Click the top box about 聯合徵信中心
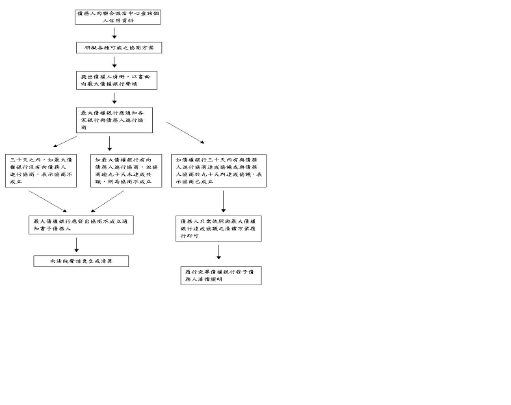118,16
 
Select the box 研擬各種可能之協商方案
118,48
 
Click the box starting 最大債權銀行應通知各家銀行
114,120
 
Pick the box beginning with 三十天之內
41,171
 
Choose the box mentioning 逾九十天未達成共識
126,171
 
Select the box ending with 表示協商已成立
218,171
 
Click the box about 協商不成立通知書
81,225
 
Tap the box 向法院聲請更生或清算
81,261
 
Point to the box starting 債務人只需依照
219,229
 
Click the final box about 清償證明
221,275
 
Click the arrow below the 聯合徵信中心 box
115,33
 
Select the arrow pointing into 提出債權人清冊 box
115,62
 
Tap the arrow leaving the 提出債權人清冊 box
115,98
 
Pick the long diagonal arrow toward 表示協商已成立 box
185,132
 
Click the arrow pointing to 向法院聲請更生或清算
77,244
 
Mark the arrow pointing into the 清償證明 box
219,253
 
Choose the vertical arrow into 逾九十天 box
109,143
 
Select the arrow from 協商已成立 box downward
223,201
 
